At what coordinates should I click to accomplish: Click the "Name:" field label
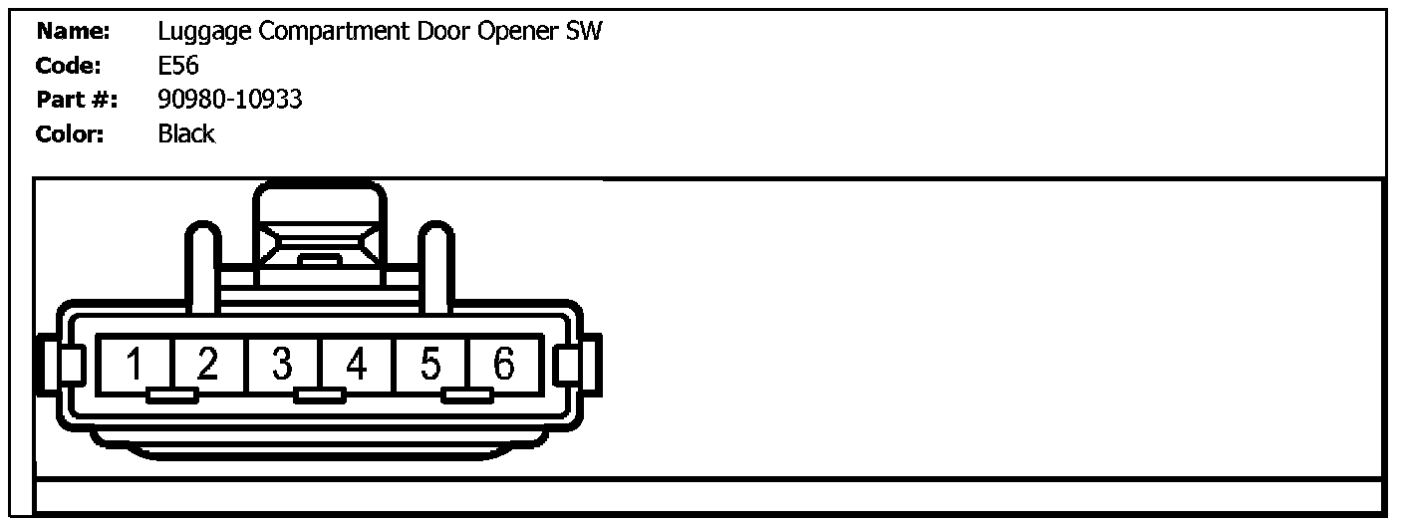(x=73, y=31)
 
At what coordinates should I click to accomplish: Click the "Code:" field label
(x=68, y=66)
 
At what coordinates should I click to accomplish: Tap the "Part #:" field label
(x=77, y=100)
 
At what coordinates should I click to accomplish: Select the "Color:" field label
(x=70, y=133)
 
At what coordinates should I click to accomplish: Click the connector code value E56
(x=178, y=66)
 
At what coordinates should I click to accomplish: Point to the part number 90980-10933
(x=230, y=100)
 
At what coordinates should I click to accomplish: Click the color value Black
(x=186, y=133)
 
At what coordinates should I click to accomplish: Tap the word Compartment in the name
(x=333, y=32)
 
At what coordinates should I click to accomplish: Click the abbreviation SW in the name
(x=584, y=31)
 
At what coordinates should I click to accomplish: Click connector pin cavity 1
(x=135, y=365)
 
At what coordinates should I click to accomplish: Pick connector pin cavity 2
(x=208, y=365)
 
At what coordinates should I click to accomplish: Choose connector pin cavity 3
(x=283, y=365)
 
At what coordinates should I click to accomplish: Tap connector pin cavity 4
(x=357, y=365)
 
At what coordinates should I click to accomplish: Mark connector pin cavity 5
(x=430, y=365)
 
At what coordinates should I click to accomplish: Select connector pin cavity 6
(x=504, y=365)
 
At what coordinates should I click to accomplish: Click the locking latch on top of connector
(x=319, y=234)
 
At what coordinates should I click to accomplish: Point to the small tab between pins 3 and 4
(x=320, y=396)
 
